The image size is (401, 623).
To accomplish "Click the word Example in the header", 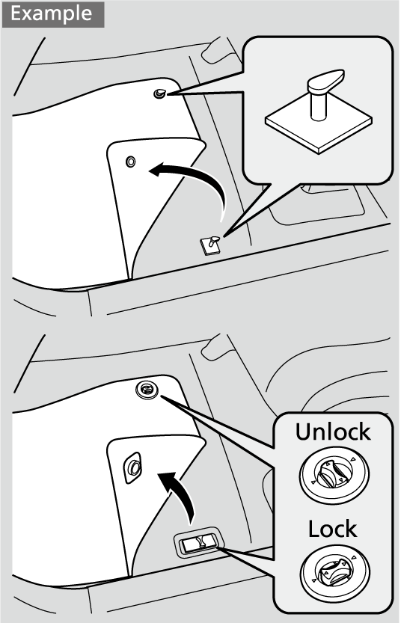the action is pos(52,14).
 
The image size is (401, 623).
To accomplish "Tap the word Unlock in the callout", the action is pos(333,432).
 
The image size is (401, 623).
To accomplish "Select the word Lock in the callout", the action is pos(333,529).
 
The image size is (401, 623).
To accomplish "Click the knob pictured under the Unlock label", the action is pos(334,475).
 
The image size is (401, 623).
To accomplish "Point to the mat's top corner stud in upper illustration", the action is pos(159,93).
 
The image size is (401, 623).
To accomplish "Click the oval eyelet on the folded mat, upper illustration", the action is pos(130,162).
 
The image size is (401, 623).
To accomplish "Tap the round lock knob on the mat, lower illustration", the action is pos(147,390).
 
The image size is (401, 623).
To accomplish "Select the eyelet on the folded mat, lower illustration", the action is pos(133,467).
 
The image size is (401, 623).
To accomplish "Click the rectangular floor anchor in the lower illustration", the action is pos(198,541).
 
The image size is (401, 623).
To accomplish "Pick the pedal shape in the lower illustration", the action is pos(215,348).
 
